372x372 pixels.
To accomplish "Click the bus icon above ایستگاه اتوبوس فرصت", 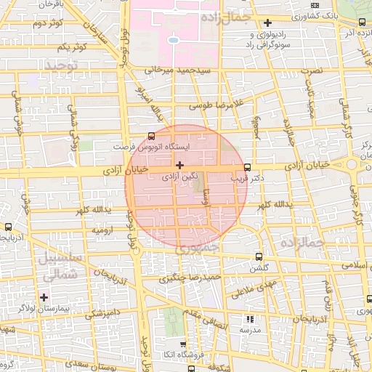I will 151,135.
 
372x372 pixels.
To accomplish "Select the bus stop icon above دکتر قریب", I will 248,166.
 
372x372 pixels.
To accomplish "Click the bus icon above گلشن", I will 259,256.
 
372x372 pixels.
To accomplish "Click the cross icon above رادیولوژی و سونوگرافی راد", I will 268,23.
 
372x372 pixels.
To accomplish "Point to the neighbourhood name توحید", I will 61,66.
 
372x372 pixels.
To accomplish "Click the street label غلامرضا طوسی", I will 214,105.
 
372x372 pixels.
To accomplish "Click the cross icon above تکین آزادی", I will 179,166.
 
